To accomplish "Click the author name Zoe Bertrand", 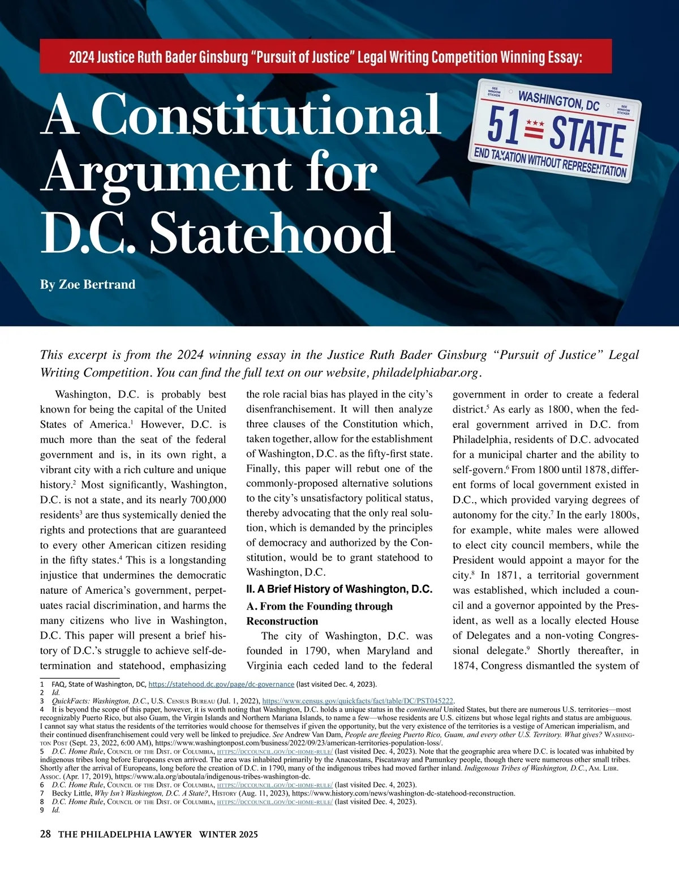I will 88,284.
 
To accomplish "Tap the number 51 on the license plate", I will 503,125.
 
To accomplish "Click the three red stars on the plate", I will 535,123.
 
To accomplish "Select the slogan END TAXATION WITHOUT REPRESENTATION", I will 550,162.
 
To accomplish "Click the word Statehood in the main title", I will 272,233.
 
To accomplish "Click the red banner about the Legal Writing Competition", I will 325,57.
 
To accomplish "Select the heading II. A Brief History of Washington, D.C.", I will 339,589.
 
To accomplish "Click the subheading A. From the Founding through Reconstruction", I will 319,613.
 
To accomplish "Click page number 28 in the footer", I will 46,834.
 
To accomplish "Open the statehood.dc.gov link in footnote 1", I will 221,684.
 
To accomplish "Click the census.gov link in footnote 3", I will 358,701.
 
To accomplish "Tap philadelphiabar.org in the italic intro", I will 426,373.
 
